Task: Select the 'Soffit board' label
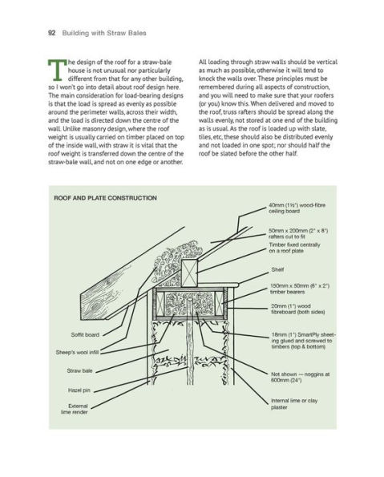(x=85, y=333)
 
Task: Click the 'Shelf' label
(x=278, y=269)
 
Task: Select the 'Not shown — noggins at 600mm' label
(x=301, y=377)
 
